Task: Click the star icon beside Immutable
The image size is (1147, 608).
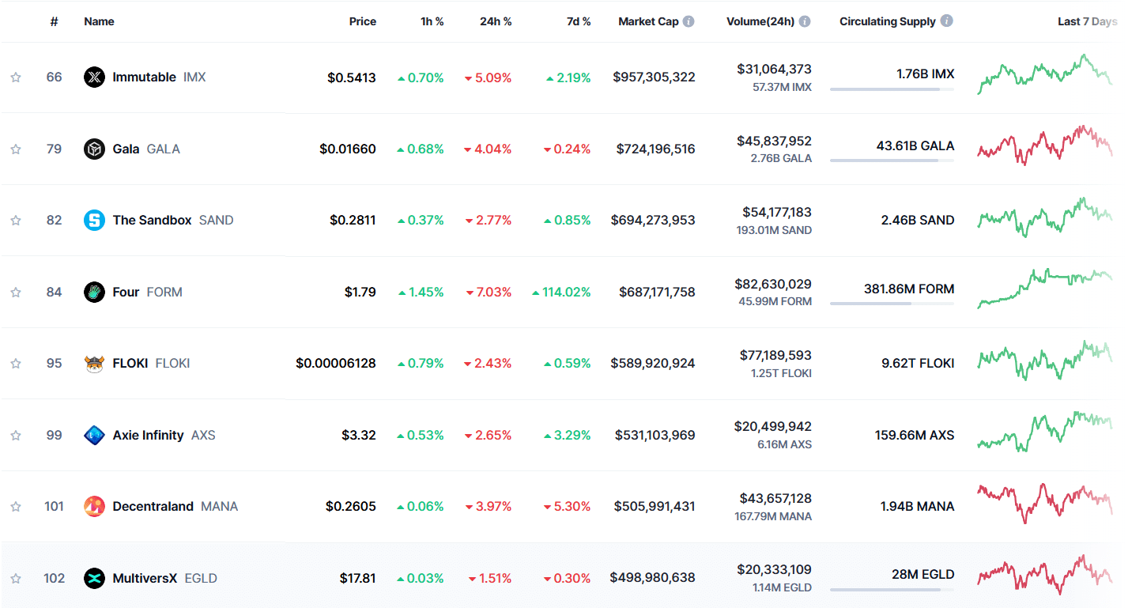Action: pos(16,77)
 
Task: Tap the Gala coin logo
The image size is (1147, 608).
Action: pos(94,149)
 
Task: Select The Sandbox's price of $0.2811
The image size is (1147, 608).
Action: pos(353,221)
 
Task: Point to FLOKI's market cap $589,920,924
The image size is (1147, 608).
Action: pos(653,364)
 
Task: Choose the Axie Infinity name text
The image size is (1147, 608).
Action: pos(148,436)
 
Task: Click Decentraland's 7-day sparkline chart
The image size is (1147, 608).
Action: pos(1043,504)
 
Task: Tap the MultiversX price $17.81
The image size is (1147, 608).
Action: pos(357,579)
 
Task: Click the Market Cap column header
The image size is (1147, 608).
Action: pos(648,21)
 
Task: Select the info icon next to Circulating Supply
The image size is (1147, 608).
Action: pos(946,21)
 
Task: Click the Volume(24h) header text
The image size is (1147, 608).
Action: pos(760,21)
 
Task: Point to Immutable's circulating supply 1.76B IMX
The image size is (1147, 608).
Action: pos(925,74)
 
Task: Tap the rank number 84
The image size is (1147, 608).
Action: pos(54,293)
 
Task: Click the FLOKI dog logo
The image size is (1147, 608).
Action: pos(94,364)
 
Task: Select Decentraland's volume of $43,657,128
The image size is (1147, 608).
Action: pos(775,499)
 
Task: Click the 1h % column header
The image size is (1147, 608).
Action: pos(432,21)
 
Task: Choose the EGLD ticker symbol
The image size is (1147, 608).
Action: pos(201,579)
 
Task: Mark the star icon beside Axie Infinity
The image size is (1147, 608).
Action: pos(16,436)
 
